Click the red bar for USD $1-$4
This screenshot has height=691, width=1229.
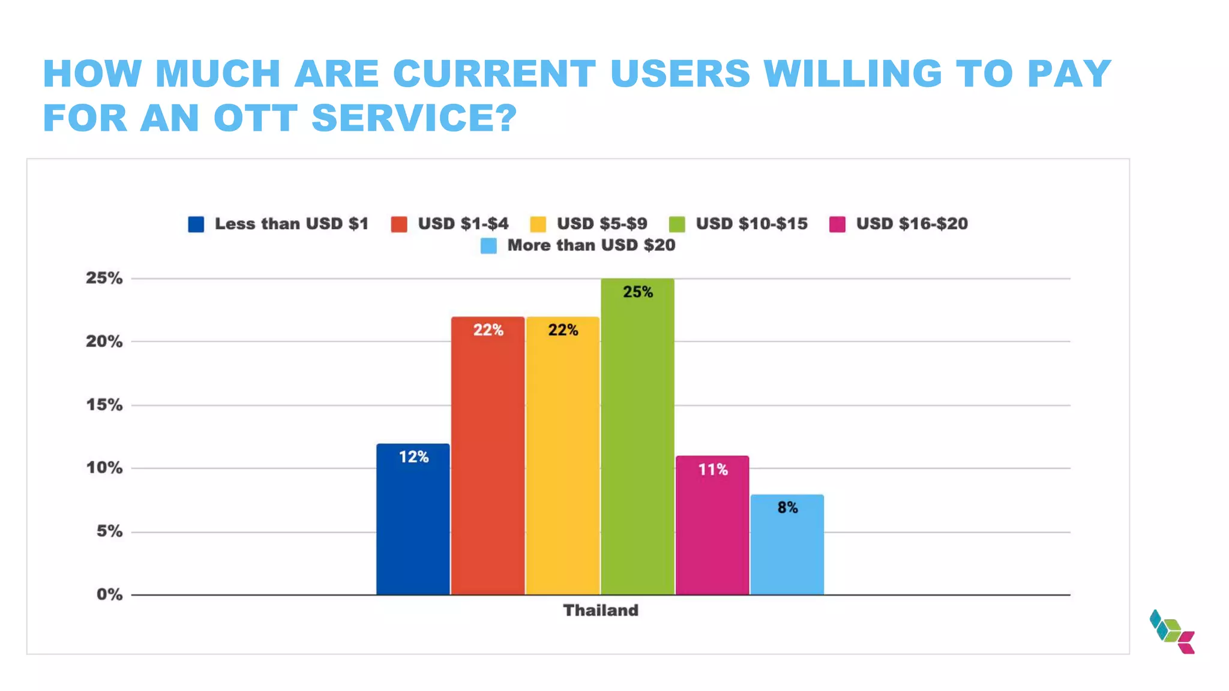(488, 456)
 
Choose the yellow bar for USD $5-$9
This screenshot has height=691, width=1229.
(562, 456)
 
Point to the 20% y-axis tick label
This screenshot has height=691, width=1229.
(104, 341)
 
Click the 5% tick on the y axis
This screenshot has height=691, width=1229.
(109, 531)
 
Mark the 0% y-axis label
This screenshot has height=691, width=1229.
(109, 594)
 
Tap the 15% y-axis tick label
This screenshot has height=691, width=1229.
(104, 405)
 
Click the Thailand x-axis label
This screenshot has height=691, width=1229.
(601, 611)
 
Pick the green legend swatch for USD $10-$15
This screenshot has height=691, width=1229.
(677, 224)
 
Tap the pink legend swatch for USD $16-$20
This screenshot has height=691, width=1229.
(837, 224)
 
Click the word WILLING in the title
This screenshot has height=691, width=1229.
(853, 74)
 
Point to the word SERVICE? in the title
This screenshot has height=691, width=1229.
(414, 118)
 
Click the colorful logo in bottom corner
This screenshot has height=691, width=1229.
(1172, 632)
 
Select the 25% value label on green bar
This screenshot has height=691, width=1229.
(637, 292)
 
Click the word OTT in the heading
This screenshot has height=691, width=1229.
(256, 118)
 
